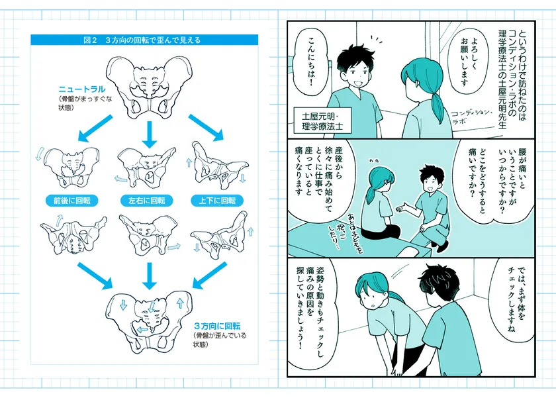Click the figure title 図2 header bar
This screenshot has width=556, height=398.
[x=142, y=40]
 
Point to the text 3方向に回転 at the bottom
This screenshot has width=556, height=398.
[x=216, y=326]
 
